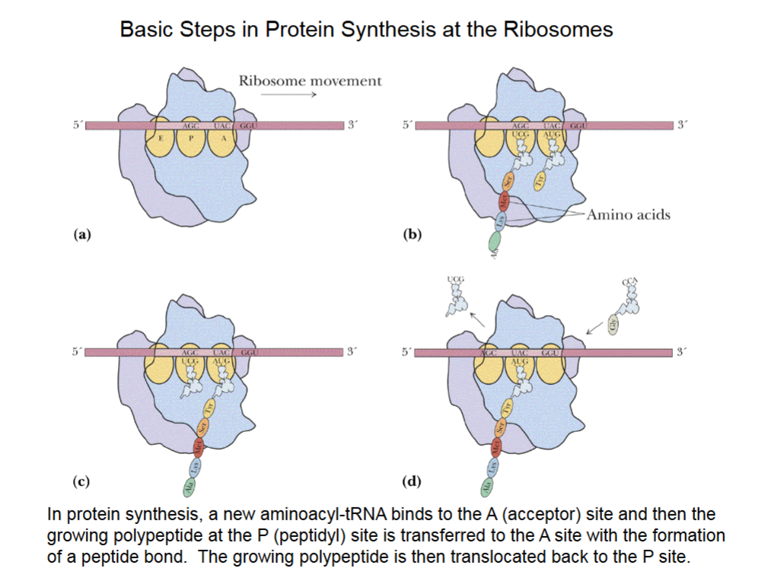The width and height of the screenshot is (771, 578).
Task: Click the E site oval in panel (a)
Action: [161, 139]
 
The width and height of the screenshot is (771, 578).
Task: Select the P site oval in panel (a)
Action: [191, 139]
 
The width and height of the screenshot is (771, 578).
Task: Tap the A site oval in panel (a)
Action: [223, 139]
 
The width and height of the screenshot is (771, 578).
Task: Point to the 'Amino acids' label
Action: [629, 214]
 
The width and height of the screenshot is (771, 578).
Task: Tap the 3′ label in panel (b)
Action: [683, 125]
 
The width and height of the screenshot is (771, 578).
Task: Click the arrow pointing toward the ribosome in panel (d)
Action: [592, 328]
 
